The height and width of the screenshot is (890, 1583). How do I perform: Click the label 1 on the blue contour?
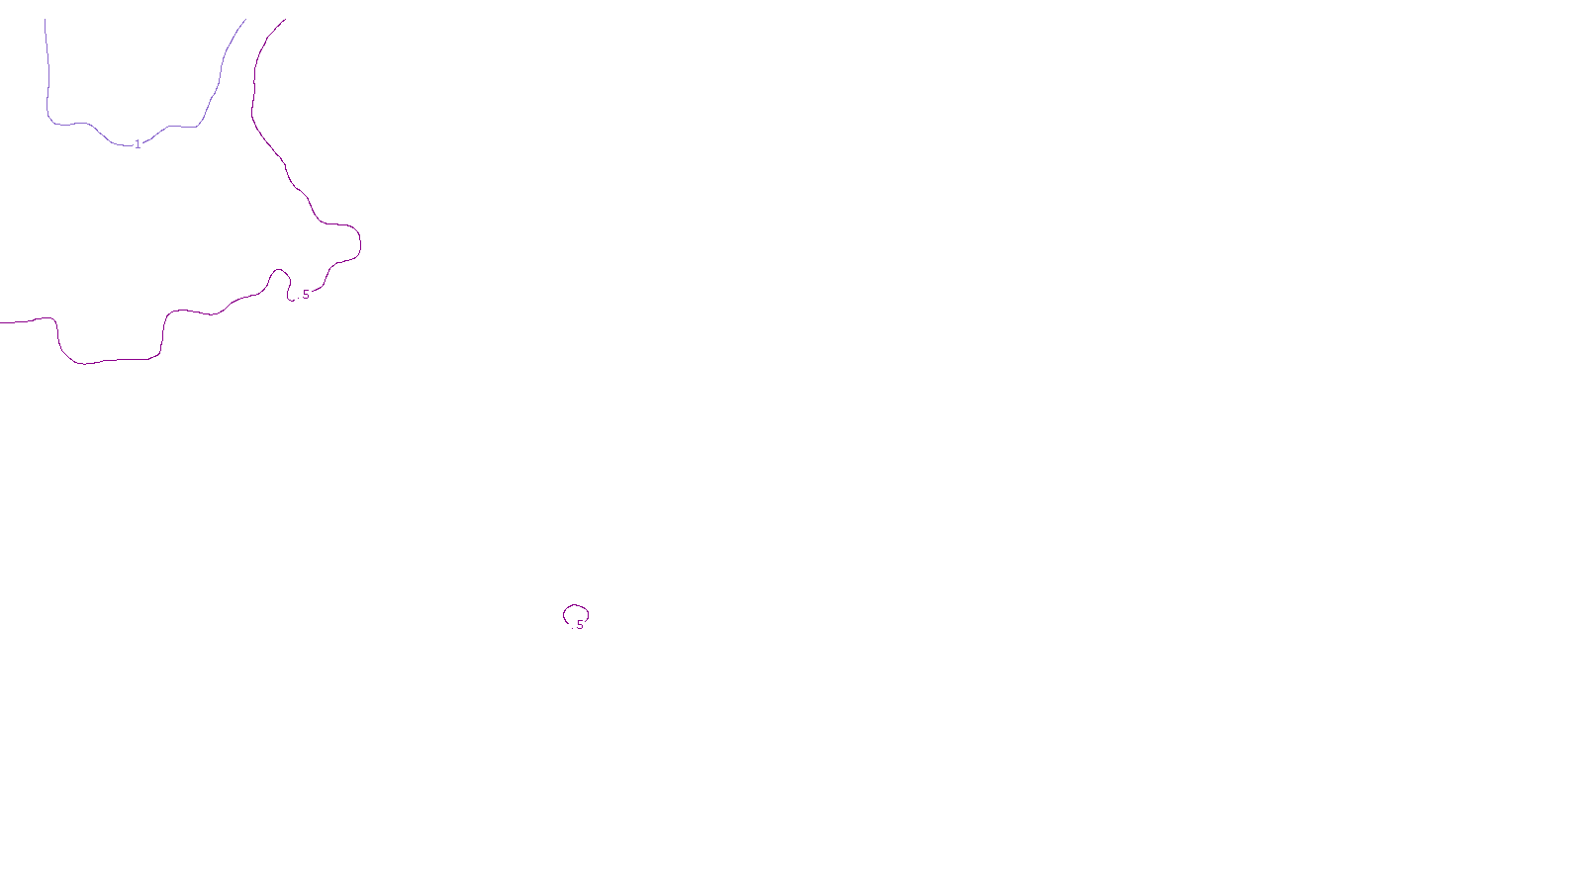pos(138,144)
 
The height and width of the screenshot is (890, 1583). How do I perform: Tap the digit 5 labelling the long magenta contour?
pos(306,295)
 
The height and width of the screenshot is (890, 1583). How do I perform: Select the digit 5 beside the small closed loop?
pos(581,625)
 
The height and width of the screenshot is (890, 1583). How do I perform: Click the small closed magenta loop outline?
pos(576,606)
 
